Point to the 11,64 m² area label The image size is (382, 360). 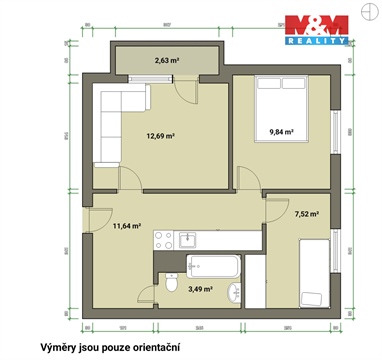[127, 226]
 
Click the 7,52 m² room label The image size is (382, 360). [307, 213]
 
